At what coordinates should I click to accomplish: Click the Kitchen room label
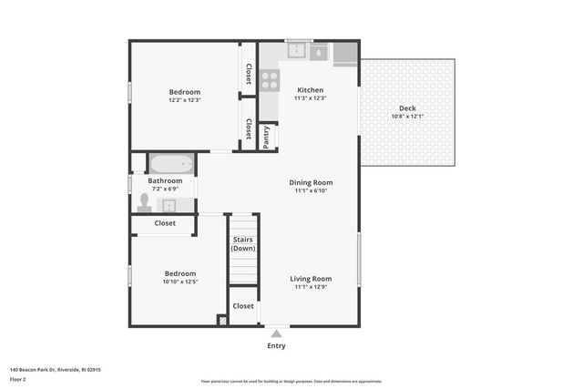(310, 90)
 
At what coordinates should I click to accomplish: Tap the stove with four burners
(270, 80)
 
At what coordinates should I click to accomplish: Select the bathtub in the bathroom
(171, 165)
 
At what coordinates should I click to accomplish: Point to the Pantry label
(267, 137)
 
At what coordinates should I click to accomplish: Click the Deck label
(407, 107)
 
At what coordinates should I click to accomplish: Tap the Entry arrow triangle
(276, 334)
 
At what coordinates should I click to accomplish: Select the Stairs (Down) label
(243, 244)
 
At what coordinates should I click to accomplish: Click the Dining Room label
(311, 181)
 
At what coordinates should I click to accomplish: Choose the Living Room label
(311, 279)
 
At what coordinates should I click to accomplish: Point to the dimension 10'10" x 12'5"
(179, 282)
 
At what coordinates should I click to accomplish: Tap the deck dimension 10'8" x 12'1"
(407, 116)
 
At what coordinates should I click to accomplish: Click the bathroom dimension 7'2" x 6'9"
(165, 189)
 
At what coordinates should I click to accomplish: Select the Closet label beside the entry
(243, 306)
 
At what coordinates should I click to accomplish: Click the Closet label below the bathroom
(165, 223)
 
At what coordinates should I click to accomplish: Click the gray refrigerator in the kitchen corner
(345, 54)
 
